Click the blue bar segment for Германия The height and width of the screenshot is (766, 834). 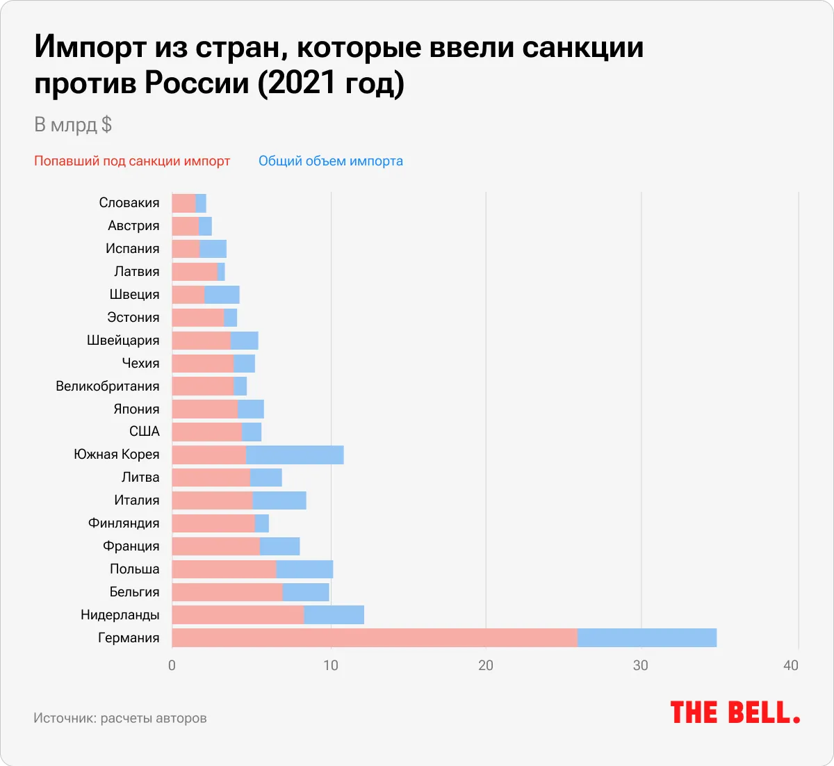(x=646, y=637)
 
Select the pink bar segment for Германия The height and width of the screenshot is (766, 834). (x=374, y=637)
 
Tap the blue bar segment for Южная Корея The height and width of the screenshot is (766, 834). (x=295, y=455)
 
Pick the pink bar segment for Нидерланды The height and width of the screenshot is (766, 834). (x=238, y=614)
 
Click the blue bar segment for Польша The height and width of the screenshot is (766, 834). (x=304, y=569)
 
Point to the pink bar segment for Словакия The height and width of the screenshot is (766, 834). (x=183, y=203)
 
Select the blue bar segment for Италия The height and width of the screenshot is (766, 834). (x=279, y=500)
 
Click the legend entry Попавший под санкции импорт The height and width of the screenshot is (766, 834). (x=132, y=161)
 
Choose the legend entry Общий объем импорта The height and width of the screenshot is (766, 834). (x=331, y=161)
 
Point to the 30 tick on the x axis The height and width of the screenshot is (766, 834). (x=640, y=665)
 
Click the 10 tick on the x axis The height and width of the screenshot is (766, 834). (x=331, y=665)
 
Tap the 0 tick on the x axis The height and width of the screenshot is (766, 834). (x=172, y=665)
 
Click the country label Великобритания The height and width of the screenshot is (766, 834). (x=108, y=386)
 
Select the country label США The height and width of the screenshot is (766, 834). (x=145, y=432)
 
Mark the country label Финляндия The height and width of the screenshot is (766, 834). (x=124, y=523)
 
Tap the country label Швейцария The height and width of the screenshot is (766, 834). (x=123, y=340)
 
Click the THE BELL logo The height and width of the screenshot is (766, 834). (x=735, y=712)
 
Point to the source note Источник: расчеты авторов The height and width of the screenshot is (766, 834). (x=120, y=718)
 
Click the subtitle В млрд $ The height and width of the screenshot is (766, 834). (x=73, y=125)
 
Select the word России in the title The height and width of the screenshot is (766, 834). (x=197, y=83)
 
